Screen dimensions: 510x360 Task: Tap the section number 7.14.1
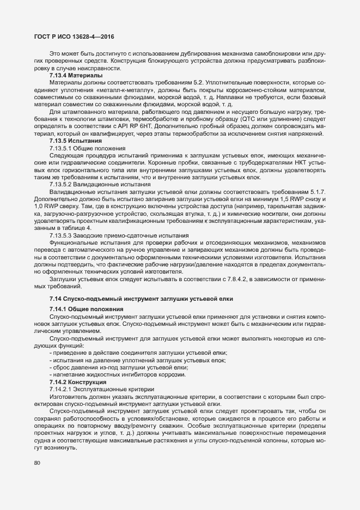coord(59,309)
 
